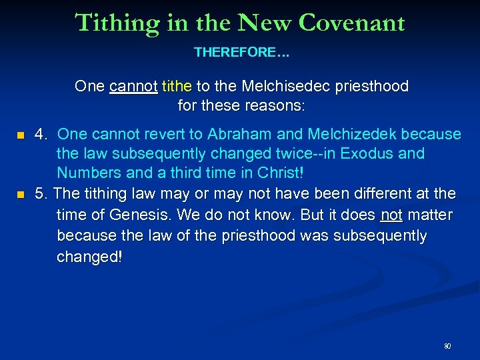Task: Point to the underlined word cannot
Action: click(x=133, y=87)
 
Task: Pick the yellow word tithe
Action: click(x=176, y=87)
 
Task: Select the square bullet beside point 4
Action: click(x=21, y=135)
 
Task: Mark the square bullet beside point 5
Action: click(x=21, y=195)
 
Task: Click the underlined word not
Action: click(x=391, y=215)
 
